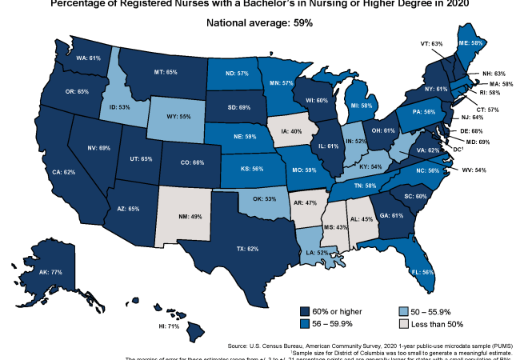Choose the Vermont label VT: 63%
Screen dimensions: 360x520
coord(431,43)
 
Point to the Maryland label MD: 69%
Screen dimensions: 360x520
coord(490,141)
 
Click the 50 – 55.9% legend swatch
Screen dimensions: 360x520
coord(405,310)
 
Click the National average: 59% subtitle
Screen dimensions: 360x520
coord(260,23)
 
